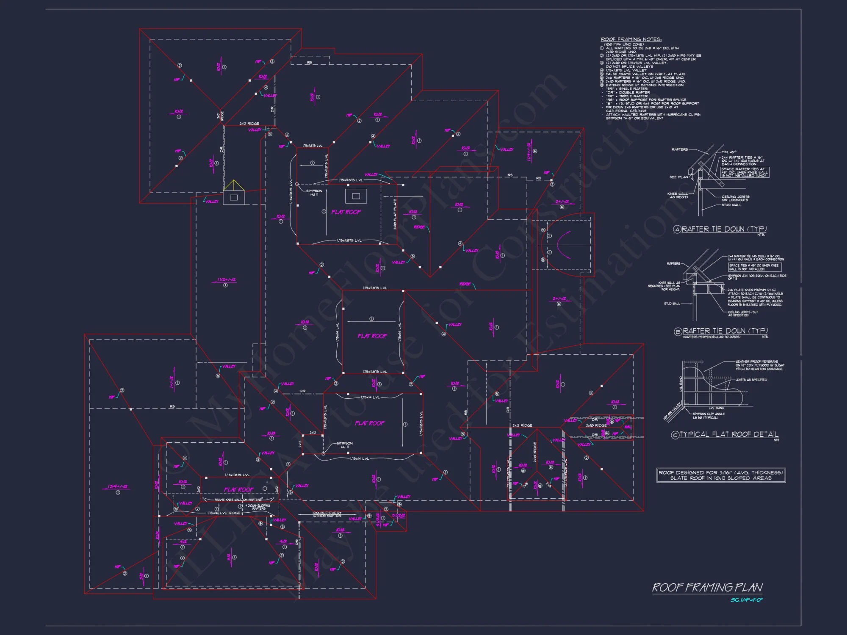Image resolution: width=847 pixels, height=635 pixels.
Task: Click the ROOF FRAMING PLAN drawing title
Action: [707, 587]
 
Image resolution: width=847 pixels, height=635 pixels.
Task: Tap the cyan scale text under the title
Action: [746, 600]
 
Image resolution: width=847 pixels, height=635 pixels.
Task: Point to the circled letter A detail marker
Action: [677, 229]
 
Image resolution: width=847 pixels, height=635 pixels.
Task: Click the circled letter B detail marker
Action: [678, 331]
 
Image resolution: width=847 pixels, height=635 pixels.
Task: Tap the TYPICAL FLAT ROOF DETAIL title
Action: [729, 434]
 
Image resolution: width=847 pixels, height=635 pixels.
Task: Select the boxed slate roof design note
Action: [721, 475]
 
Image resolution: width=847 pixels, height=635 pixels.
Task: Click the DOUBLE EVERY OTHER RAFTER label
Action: [327, 514]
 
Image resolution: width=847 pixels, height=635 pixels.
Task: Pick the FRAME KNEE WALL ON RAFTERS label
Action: [238, 500]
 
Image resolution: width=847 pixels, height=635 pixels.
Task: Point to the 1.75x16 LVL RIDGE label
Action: [224, 513]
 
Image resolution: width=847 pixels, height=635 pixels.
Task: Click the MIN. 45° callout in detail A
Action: [729, 152]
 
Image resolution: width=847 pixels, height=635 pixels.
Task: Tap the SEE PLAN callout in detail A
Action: [678, 177]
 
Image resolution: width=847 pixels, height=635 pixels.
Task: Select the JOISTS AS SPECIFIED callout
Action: [751, 380]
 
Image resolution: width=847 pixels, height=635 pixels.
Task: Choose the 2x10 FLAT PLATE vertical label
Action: [395, 214]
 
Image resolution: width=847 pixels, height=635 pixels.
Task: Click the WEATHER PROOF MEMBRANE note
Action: [760, 365]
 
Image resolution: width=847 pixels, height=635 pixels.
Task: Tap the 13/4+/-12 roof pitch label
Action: [115, 486]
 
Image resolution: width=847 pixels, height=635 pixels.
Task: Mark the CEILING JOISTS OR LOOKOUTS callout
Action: [735, 198]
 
